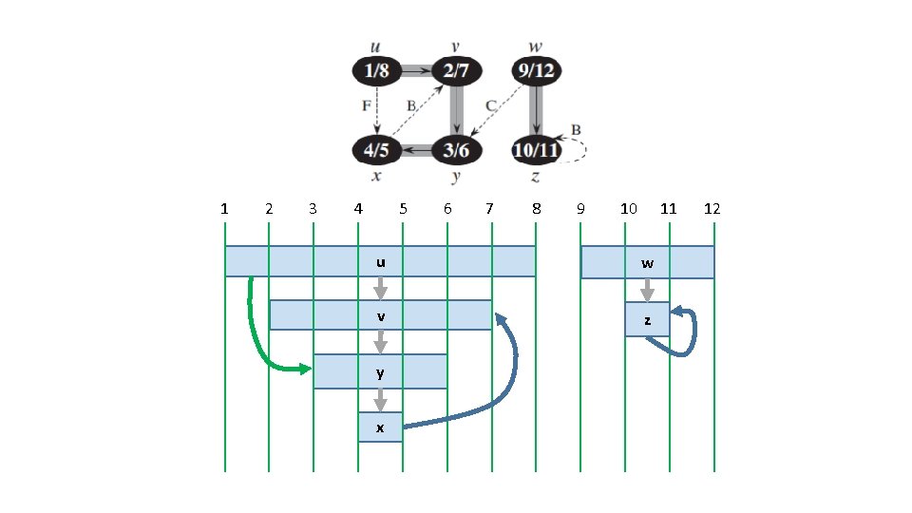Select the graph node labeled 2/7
pyautogui.click(x=456, y=70)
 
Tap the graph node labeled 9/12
pyautogui.click(x=535, y=70)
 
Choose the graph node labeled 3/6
pyautogui.click(x=456, y=150)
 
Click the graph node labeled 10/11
pyautogui.click(x=535, y=150)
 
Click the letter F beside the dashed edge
pyautogui.click(x=366, y=105)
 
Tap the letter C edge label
pyautogui.click(x=490, y=105)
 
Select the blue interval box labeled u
pyautogui.click(x=380, y=262)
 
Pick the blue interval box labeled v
pyautogui.click(x=380, y=315)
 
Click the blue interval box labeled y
pyautogui.click(x=380, y=370)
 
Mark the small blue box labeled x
pyautogui.click(x=380, y=427)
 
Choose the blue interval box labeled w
pyautogui.click(x=647, y=262)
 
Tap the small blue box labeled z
pyautogui.click(x=647, y=320)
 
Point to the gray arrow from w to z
pyautogui.click(x=647, y=290)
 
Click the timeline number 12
pyautogui.click(x=712, y=209)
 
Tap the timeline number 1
pyautogui.click(x=224, y=209)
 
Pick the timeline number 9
pyautogui.click(x=579, y=209)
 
